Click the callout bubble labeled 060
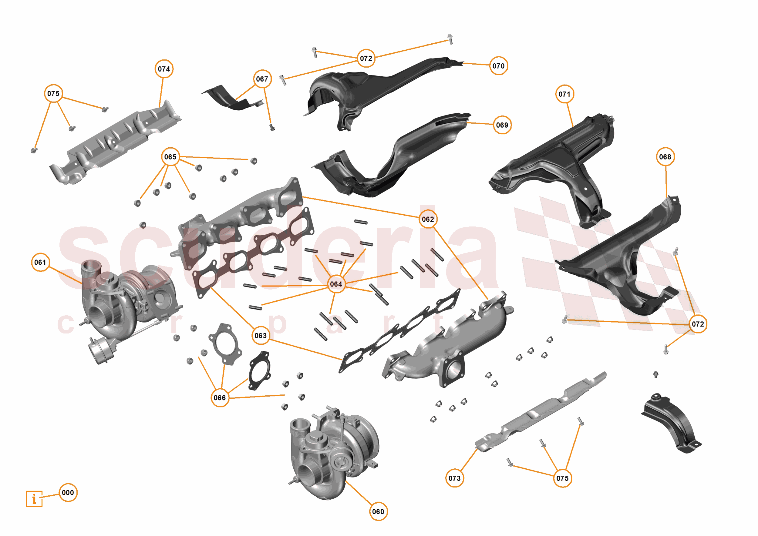[x=378, y=511]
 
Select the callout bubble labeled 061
[x=40, y=262]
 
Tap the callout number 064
[x=336, y=284]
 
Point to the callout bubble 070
[x=498, y=66]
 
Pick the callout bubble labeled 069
[x=502, y=125]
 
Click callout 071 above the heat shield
[x=564, y=94]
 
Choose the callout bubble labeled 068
[x=665, y=157]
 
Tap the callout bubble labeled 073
[x=455, y=478]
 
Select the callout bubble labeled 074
[x=164, y=69]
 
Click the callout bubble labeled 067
[x=262, y=79]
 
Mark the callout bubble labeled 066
[x=220, y=398]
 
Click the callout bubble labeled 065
[x=170, y=157]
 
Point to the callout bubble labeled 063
[x=261, y=336]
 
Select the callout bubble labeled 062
[x=428, y=219]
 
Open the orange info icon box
[x=34, y=499]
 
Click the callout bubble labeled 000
[x=68, y=493]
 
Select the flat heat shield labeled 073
[x=541, y=413]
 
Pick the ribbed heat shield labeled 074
[x=116, y=142]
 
